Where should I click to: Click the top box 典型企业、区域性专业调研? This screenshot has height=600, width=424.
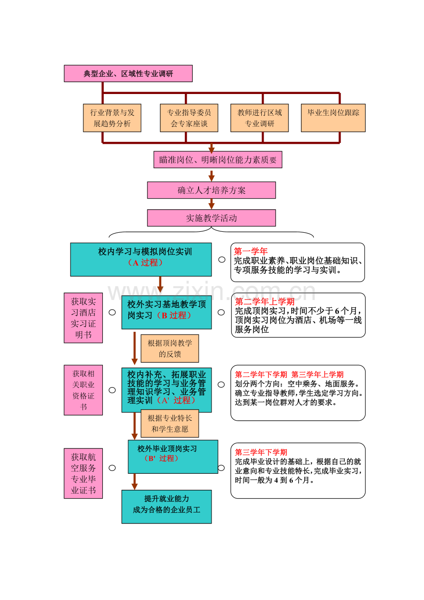128,74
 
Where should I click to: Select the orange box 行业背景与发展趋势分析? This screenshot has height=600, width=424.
112,118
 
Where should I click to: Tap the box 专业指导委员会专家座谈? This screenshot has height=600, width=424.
188,118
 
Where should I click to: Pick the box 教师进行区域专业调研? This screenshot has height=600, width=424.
259,118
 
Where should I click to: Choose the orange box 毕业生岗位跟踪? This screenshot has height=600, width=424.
333,118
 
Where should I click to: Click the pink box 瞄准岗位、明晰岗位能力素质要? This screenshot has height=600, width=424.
218,160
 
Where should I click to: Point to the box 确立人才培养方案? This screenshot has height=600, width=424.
212,190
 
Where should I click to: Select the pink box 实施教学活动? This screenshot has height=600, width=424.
212,218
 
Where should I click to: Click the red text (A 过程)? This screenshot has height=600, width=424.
145,263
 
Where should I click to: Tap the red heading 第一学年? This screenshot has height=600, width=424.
251,251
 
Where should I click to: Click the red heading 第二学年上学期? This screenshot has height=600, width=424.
265,302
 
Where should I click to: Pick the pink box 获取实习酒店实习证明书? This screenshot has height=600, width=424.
83,318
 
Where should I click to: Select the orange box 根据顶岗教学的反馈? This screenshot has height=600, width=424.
170,348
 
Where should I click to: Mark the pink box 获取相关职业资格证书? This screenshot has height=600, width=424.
83,390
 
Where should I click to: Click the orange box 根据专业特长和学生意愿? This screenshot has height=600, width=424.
170,424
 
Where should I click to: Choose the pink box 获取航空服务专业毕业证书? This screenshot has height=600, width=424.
83,473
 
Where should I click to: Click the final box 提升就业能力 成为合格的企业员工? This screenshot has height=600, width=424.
166,506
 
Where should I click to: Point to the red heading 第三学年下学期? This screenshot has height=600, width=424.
261,452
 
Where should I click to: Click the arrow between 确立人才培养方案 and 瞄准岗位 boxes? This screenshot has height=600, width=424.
212,176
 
